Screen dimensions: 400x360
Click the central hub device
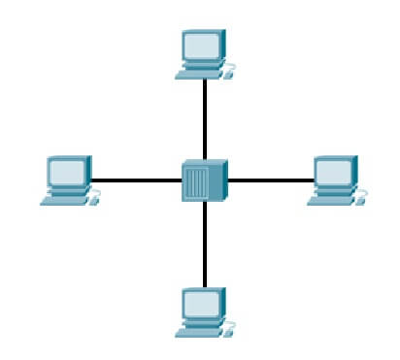click(x=204, y=180)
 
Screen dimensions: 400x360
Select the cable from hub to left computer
click(x=137, y=180)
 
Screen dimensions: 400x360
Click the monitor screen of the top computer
click(x=203, y=45)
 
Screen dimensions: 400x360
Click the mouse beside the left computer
click(x=94, y=201)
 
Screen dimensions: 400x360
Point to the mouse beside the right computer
click(x=362, y=201)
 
